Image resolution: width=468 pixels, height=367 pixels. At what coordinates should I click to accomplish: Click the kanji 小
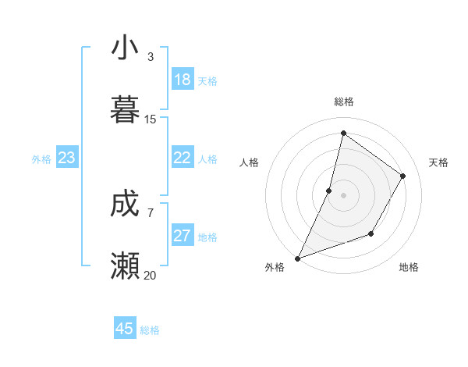pyautogui.click(x=125, y=48)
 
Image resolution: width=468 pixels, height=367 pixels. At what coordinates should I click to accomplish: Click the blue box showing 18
pyautogui.click(x=182, y=80)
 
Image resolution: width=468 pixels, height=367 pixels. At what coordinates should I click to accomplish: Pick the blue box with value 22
pyautogui.click(x=182, y=158)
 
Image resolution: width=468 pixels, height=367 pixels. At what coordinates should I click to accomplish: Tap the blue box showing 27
pyautogui.click(x=182, y=236)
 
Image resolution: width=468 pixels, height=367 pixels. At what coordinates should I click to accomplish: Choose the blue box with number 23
pyautogui.click(x=66, y=159)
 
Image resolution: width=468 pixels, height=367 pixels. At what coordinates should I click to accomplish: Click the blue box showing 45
pyautogui.click(x=125, y=329)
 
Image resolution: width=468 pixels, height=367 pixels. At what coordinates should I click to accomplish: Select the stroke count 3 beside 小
pyautogui.click(x=151, y=57)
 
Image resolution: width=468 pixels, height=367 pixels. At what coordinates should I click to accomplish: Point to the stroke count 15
pyautogui.click(x=151, y=119)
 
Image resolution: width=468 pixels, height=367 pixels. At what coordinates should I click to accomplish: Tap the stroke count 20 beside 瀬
pyautogui.click(x=151, y=276)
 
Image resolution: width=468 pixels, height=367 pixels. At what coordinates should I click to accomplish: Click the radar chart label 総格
pyautogui.click(x=343, y=102)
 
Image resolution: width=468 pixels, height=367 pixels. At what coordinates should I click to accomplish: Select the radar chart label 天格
pyautogui.click(x=438, y=162)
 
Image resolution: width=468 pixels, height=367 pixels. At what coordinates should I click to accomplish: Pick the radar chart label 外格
pyautogui.click(x=275, y=268)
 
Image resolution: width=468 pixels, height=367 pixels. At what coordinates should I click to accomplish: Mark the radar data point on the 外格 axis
pyautogui.click(x=297, y=258)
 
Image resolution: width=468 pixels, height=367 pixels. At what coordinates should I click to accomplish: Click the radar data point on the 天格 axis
pyautogui.click(x=403, y=176)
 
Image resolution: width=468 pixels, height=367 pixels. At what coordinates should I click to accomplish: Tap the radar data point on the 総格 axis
pyautogui.click(x=343, y=133)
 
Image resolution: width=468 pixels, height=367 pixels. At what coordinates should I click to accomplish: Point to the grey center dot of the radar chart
pyautogui.click(x=343, y=195)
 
